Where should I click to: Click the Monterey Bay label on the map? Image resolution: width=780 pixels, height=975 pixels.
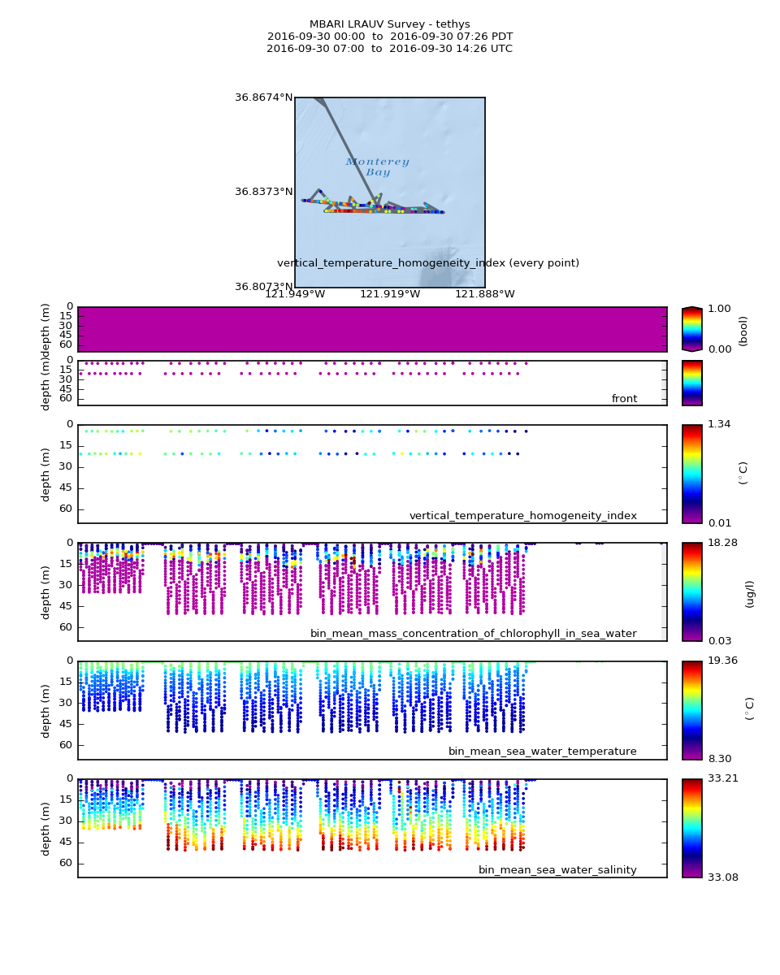pos(377,167)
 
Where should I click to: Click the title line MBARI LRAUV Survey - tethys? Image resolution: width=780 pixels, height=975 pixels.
pos(389,24)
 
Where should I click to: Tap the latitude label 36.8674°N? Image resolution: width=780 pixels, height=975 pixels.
pos(263,97)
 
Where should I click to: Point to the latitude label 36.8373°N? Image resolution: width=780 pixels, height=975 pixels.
pos(263,192)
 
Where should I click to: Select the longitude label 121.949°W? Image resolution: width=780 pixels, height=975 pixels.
pos(295,294)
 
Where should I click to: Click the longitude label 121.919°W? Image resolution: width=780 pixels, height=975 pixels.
pos(390,294)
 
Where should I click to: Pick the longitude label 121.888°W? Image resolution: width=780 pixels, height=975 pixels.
pos(484,294)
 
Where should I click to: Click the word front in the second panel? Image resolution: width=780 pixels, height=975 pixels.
pos(624,399)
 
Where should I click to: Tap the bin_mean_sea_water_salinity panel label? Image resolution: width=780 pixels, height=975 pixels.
pos(557,870)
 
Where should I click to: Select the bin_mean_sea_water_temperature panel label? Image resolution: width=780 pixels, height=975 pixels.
pos(542,752)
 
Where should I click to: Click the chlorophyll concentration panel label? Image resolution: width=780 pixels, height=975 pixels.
pos(473,634)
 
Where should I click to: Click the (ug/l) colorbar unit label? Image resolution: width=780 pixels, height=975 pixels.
pos(749,594)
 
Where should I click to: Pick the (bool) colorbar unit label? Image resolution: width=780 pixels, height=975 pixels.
pos(743,331)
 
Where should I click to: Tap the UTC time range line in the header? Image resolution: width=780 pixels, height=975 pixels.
pos(389,49)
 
